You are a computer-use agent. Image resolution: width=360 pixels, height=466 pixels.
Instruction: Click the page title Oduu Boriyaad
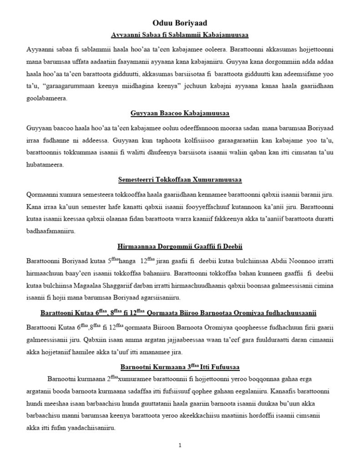[180, 22]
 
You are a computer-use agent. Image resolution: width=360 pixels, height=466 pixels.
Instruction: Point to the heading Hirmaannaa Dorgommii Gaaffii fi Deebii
[180, 246]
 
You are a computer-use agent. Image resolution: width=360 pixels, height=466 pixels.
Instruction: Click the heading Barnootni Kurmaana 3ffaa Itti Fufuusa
[180, 366]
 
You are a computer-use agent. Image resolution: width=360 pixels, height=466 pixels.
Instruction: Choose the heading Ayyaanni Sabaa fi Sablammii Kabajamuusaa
[180, 34]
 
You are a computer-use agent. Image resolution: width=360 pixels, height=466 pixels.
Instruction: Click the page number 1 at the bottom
[180, 445]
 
